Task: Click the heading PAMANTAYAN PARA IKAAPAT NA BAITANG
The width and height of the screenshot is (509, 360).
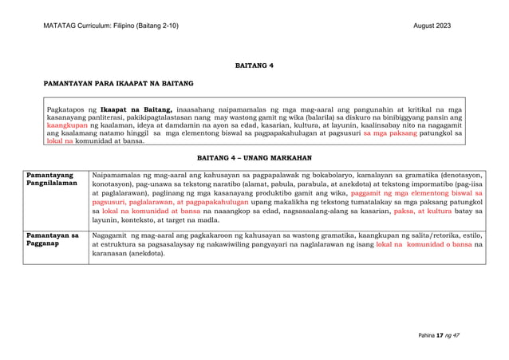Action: pyautogui.click(x=119, y=83)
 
